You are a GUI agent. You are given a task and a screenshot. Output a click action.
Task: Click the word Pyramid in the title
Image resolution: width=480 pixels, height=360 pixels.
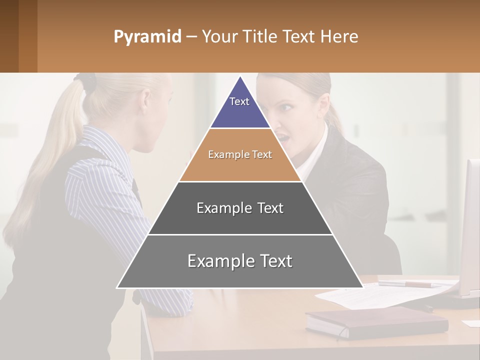click(x=147, y=37)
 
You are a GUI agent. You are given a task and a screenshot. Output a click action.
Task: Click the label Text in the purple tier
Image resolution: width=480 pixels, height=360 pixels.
click(x=239, y=101)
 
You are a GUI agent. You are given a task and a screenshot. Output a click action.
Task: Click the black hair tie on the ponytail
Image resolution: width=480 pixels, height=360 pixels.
click(x=88, y=82)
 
